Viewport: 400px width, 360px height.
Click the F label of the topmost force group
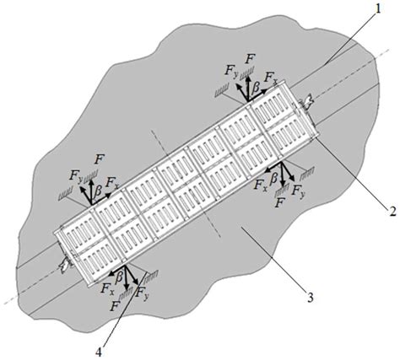click(x=250, y=58)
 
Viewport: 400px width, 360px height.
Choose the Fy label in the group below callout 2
click(x=296, y=192)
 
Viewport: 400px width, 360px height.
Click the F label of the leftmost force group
click(x=100, y=157)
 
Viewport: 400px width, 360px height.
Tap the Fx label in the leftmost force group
click(x=116, y=180)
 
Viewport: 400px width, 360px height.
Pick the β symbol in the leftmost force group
click(x=98, y=192)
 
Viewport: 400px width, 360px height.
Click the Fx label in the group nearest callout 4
click(x=104, y=287)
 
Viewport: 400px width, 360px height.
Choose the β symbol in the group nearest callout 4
click(x=121, y=275)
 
